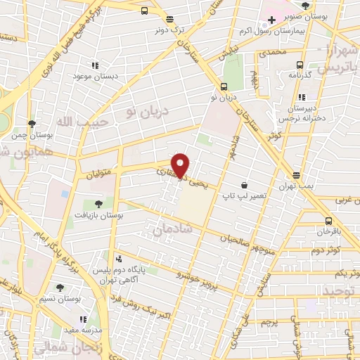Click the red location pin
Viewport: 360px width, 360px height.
[181, 165]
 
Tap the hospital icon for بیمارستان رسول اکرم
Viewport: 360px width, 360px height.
[271, 20]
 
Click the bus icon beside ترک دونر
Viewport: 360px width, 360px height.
[143, 11]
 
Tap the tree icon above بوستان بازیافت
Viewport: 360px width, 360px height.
[98, 205]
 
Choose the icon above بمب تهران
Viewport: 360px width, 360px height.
[297, 176]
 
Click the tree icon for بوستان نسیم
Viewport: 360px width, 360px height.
[60, 287]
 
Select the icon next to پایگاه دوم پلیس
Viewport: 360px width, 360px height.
[118, 259]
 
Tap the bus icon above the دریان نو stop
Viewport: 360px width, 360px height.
[224, 87]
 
